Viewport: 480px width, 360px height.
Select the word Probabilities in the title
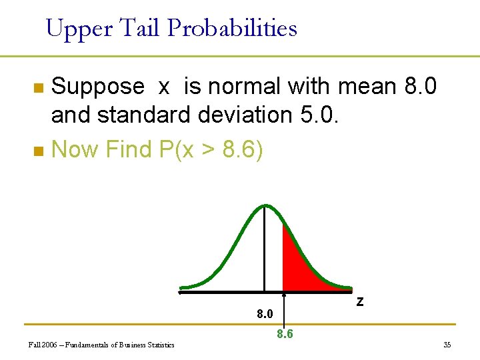232,29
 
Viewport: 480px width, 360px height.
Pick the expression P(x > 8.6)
212,149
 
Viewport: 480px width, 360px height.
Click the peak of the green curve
265,206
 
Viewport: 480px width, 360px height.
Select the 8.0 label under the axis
265,313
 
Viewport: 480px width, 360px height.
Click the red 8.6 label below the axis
285,334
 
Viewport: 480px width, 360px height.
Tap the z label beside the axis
360,301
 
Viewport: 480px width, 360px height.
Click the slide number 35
447,345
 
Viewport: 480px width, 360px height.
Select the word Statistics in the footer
159,345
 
